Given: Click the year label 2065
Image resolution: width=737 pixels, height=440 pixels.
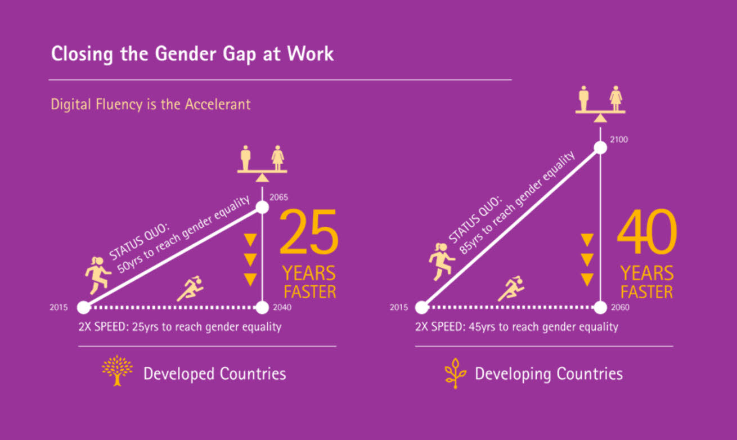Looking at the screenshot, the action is click(278, 197).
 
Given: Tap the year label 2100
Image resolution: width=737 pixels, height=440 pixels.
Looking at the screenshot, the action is click(619, 140).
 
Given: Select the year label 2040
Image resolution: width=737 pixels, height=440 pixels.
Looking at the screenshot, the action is click(282, 307).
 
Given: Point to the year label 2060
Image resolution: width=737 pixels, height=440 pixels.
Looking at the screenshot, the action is click(620, 307).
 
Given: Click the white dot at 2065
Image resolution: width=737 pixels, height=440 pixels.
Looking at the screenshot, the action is click(262, 207).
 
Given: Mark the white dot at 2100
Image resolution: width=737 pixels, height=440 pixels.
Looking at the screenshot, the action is click(600, 148).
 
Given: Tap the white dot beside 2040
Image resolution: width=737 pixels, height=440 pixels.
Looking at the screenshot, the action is click(262, 308).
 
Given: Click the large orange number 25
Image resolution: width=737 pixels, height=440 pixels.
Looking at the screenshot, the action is click(309, 232).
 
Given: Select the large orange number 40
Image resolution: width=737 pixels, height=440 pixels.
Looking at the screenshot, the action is click(647, 232).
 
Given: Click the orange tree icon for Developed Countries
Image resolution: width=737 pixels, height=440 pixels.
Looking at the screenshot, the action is click(117, 371).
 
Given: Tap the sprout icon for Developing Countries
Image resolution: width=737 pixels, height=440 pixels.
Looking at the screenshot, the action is click(455, 374).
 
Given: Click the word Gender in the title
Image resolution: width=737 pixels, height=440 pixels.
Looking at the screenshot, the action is click(186, 53).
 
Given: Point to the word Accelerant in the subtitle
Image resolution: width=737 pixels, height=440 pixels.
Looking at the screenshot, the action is click(218, 104).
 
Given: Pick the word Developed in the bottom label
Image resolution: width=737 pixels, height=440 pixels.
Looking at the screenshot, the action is click(179, 374).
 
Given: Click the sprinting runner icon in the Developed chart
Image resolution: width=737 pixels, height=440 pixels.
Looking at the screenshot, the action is click(190, 289).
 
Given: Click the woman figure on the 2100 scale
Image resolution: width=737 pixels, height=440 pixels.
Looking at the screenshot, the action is click(616, 98).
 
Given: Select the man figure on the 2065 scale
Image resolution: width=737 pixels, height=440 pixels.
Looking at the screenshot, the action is click(245, 158).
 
